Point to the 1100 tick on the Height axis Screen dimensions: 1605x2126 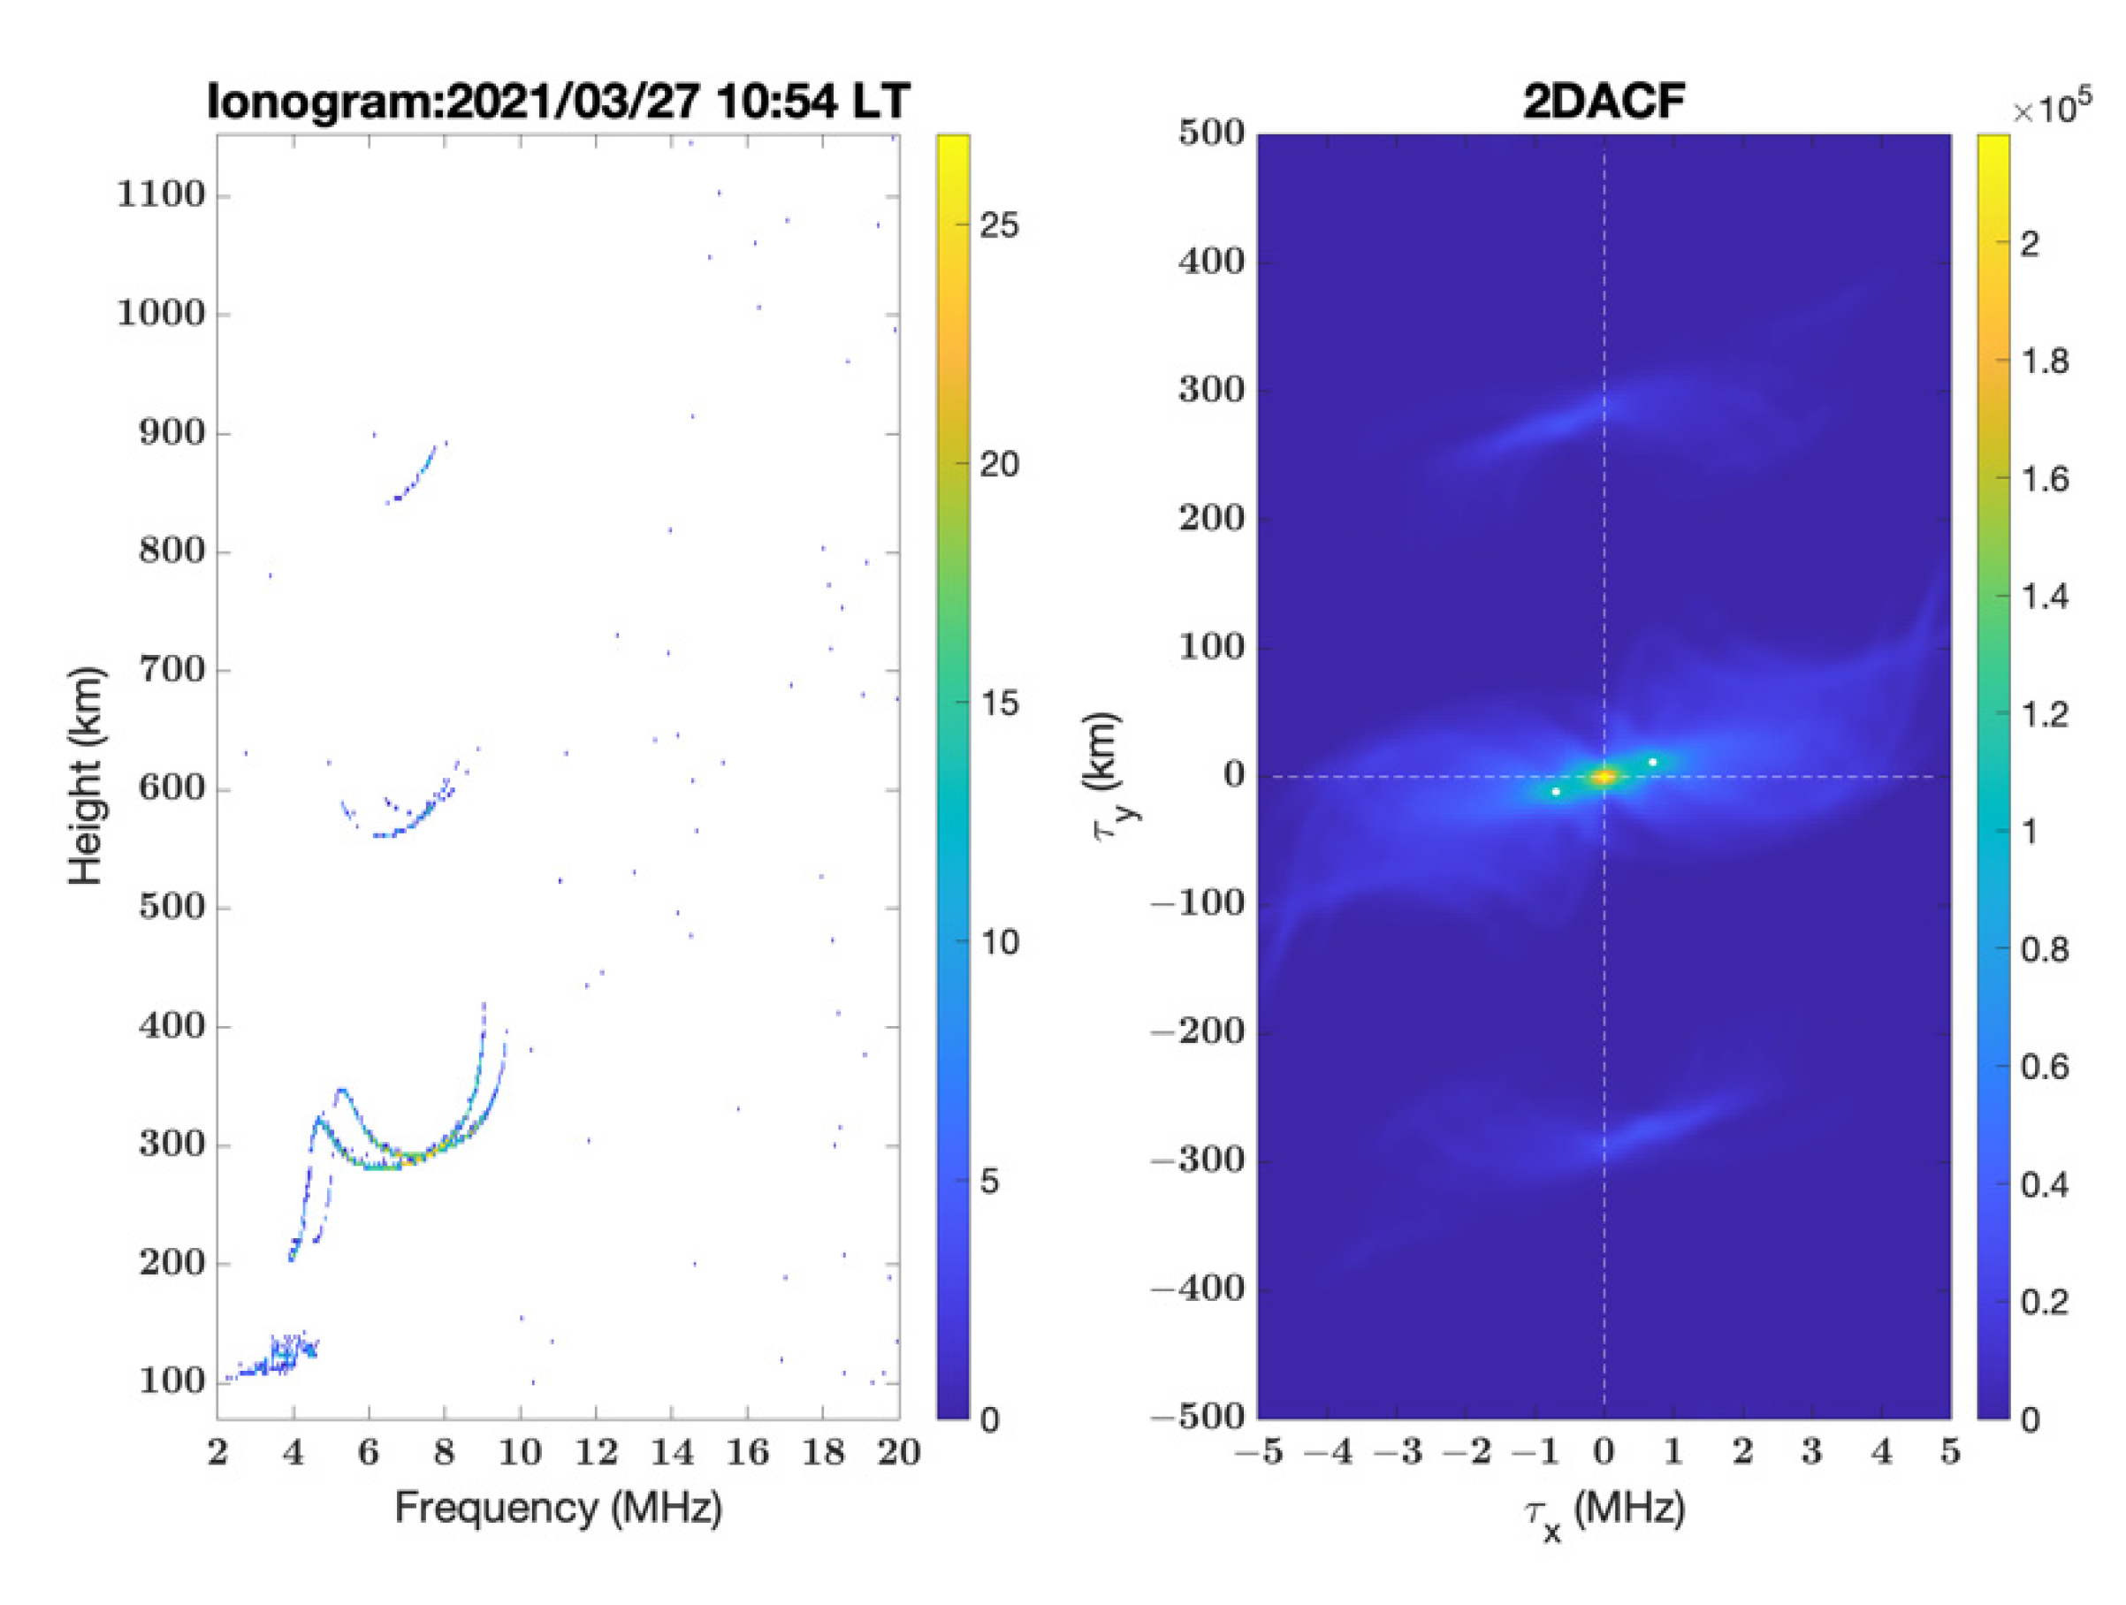161,195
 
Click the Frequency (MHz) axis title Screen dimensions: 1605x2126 558,1507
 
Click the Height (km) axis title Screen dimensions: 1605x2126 86,774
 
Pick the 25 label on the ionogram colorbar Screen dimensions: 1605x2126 999,226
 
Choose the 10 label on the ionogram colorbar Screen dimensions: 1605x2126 999,943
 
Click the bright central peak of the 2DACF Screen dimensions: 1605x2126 1604,776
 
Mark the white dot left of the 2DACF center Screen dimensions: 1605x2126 1555,792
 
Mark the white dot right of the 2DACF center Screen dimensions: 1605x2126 1652,762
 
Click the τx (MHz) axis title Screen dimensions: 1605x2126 1604,1510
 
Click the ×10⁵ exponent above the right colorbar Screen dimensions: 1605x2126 2051,109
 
